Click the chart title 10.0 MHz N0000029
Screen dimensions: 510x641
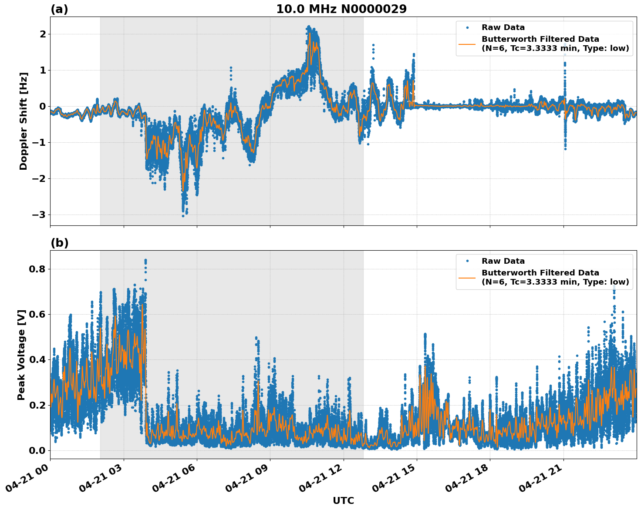pyautogui.click(x=341, y=9)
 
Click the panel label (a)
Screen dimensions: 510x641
pyautogui.click(x=59, y=9)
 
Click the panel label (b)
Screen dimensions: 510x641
pyautogui.click(x=59, y=243)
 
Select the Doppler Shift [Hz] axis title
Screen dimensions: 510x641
pyautogui.click(x=24, y=121)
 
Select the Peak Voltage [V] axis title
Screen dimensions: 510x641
pyautogui.click(x=21, y=355)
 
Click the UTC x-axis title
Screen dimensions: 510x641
pyautogui.click(x=343, y=500)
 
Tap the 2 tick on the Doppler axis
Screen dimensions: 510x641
pyautogui.click(x=42, y=34)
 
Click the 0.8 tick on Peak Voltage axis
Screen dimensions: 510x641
pyautogui.click(x=37, y=269)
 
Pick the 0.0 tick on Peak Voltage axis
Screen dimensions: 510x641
pyautogui.click(x=37, y=450)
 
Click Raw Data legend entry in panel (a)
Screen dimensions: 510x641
pyautogui.click(x=503, y=27)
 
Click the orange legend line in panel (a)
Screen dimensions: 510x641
pyautogui.click(x=467, y=44)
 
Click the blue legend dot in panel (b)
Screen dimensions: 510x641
pyautogui.click(x=467, y=261)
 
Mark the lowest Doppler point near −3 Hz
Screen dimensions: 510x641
pyautogui.click(x=183, y=215)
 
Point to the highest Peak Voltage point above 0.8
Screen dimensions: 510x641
pyautogui.click(x=145, y=260)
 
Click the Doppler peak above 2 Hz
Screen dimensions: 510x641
pyautogui.click(x=308, y=27)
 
